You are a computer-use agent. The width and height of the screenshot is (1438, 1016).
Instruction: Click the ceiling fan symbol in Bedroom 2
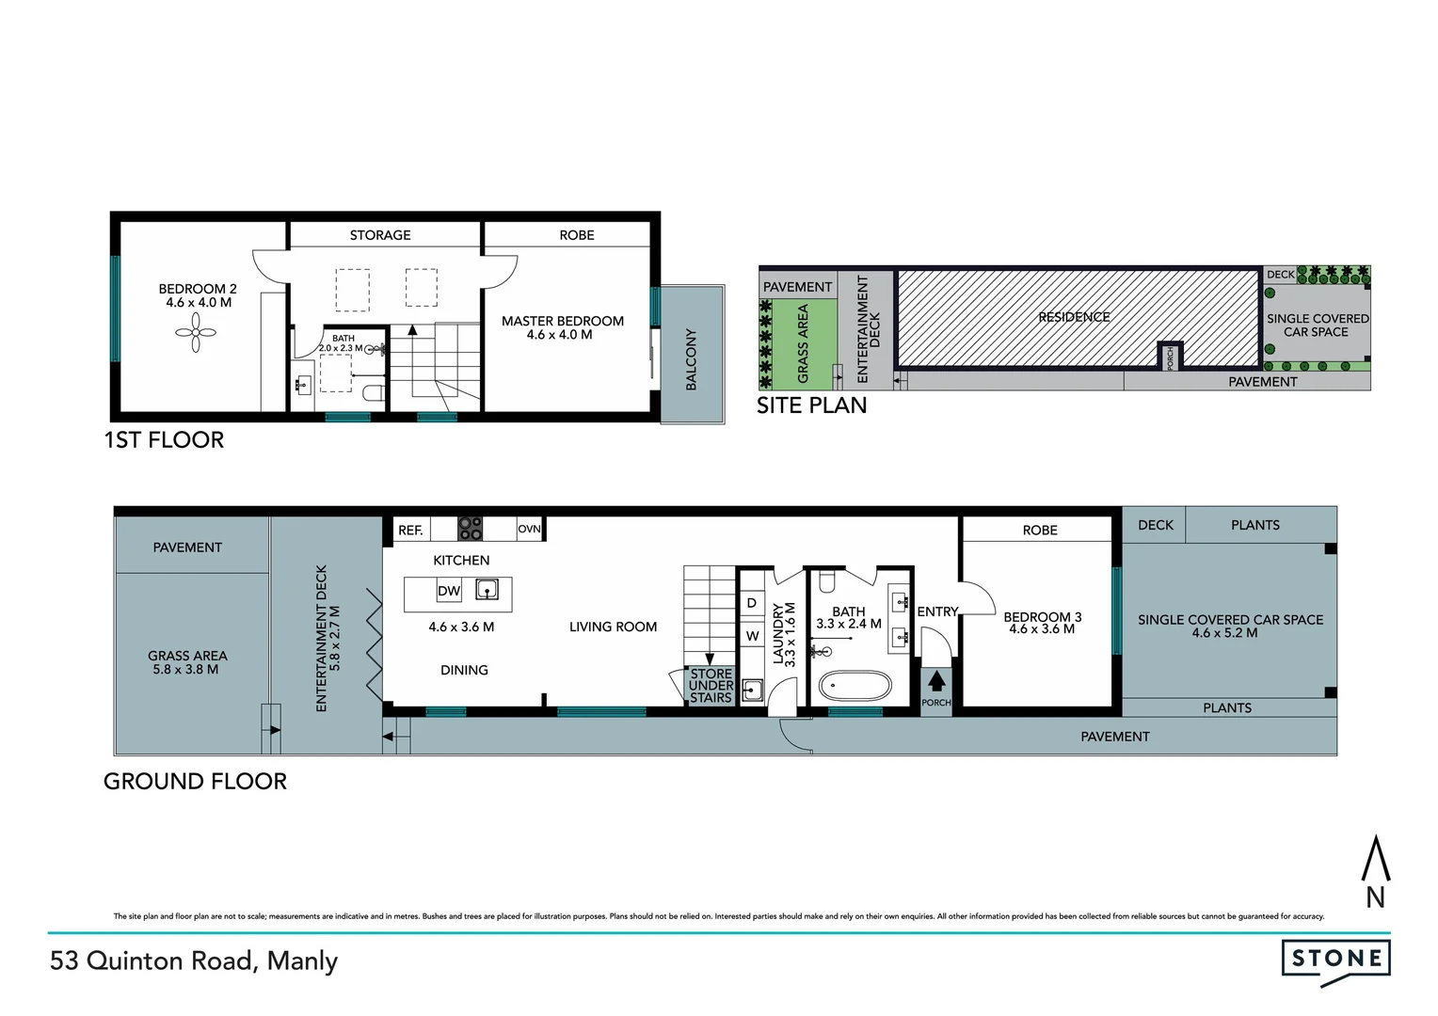(196, 332)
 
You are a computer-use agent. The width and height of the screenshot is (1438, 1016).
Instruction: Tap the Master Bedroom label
(562, 322)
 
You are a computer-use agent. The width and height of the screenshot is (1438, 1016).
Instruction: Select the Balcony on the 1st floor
(692, 358)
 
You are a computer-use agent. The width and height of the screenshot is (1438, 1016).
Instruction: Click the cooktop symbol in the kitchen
(470, 529)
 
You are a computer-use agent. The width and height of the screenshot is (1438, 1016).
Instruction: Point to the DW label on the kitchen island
(449, 592)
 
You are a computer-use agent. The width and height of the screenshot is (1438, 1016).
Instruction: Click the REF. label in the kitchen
(410, 531)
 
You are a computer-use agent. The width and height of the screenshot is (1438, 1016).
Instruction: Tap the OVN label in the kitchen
(530, 529)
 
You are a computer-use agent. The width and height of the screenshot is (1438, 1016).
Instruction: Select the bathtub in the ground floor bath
(855, 686)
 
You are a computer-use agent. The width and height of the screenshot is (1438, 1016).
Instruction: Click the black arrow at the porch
(936, 681)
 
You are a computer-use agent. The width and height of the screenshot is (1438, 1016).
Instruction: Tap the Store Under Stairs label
(711, 686)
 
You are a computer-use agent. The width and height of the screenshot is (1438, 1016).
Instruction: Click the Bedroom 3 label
(1042, 618)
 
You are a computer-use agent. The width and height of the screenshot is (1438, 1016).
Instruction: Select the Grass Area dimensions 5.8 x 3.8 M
(186, 670)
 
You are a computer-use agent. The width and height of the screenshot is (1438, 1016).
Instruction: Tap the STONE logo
(1335, 960)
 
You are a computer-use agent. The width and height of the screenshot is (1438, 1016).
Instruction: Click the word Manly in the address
(302, 961)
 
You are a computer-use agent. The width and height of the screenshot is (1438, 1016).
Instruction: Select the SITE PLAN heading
(811, 405)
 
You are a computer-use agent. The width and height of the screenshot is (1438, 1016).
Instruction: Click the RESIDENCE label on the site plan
(1074, 317)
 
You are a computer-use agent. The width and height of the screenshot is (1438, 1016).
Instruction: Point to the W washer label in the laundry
(752, 636)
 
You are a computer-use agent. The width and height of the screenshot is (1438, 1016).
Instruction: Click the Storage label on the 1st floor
(380, 235)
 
